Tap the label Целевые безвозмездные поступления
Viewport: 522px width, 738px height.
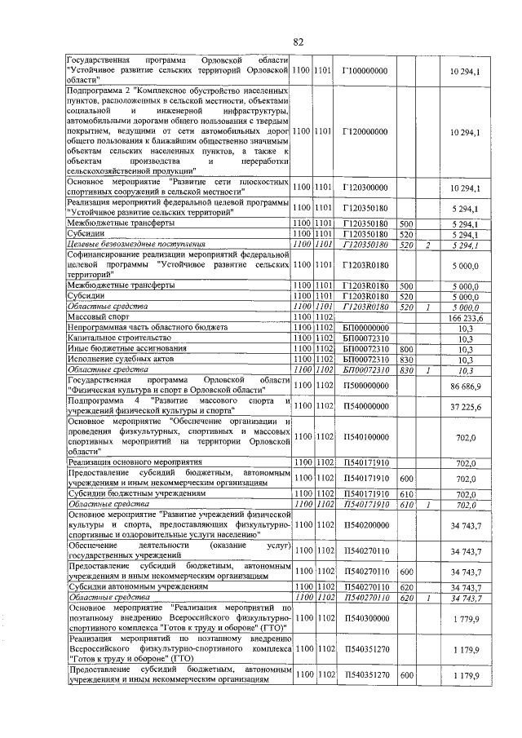click(135, 243)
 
